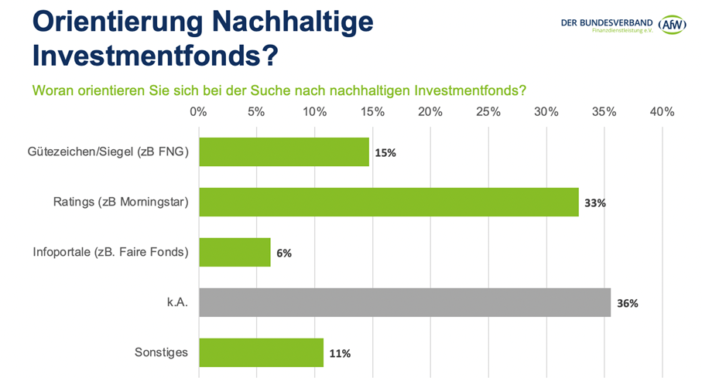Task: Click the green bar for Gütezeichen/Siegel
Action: (x=284, y=152)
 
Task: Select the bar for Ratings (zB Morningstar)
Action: (x=389, y=202)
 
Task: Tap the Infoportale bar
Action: (x=235, y=252)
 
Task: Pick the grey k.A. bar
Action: (x=405, y=302)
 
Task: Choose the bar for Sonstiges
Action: (x=262, y=352)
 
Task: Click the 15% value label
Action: (x=385, y=153)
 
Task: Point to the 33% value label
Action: (x=595, y=203)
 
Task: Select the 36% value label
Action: (x=628, y=303)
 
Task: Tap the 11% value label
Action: (x=340, y=353)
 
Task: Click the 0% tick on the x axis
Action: (x=198, y=112)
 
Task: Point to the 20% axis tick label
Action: (x=430, y=112)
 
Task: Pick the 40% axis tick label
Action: (x=663, y=112)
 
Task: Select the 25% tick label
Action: (x=488, y=112)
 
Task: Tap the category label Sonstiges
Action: (x=162, y=352)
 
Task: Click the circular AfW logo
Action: (x=673, y=25)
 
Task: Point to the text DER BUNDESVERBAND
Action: (x=607, y=22)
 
